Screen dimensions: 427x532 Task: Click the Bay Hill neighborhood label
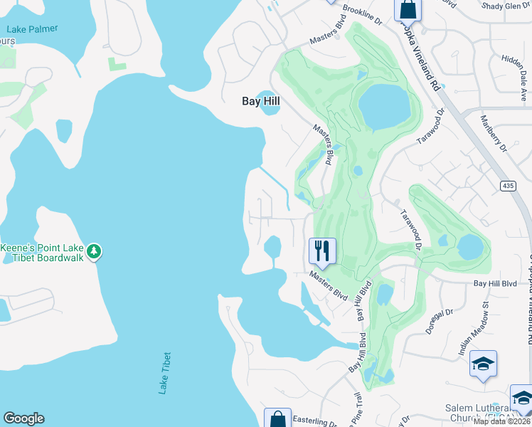pos(261,102)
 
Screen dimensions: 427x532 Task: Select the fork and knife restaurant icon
pos(322,251)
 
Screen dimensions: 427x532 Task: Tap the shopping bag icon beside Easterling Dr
pos(277,418)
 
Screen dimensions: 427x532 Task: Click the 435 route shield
pos(507,185)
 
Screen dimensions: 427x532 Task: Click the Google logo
pos(23,418)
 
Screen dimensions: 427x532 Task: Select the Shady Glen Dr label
pos(506,6)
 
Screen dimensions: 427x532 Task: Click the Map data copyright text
pos(501,421)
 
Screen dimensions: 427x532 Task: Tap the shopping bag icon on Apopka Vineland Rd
pos(408,9)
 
